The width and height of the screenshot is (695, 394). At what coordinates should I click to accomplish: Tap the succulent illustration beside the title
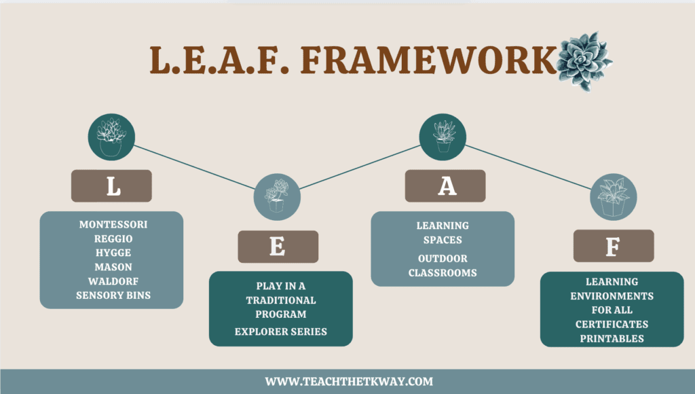(583, 60)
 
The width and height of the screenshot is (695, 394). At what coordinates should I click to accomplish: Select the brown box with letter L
(111, 186)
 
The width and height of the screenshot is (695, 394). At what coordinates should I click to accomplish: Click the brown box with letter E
(278, 247)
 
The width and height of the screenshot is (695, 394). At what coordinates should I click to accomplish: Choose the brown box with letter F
(613, 246)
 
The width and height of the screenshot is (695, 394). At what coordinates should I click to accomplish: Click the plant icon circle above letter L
(111, 136)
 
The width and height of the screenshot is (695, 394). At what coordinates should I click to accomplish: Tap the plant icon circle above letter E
(277, 196)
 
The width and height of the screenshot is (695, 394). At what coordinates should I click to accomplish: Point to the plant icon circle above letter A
(443, 136)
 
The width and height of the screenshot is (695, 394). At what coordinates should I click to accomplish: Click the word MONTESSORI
(113, 225)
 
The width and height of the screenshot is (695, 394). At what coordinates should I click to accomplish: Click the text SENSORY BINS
(113, 296)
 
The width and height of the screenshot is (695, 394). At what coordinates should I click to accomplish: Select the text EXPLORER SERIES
(281, 332)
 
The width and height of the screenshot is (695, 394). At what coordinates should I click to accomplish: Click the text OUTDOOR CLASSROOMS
(443, 266)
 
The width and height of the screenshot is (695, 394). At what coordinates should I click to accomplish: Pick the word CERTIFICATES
(612, 324)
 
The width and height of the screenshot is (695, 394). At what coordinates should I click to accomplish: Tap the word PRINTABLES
(612, 338)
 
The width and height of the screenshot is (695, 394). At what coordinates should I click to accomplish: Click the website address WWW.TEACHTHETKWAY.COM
(348, 382)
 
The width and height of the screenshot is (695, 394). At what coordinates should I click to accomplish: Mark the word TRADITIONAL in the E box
(281, 300)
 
